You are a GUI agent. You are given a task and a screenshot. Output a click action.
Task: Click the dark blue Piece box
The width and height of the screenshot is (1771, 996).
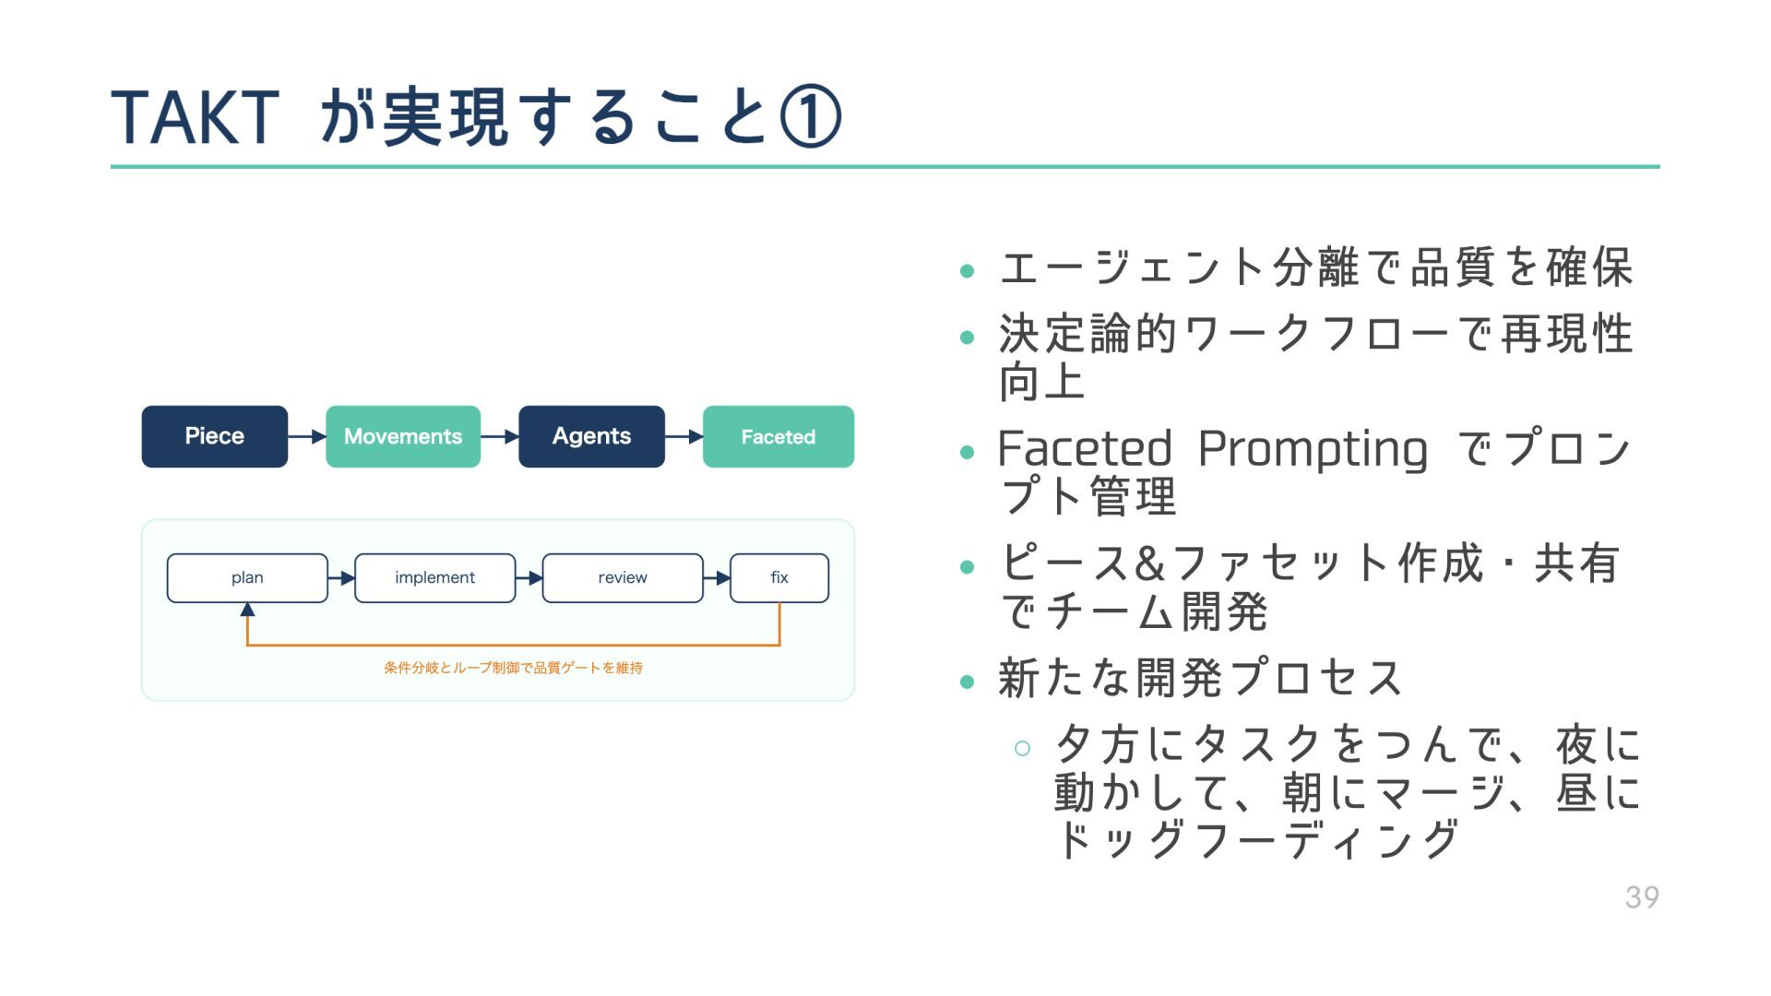pos(214,436)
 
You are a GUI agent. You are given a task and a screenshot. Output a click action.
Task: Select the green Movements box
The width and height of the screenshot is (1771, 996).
pos(402,436)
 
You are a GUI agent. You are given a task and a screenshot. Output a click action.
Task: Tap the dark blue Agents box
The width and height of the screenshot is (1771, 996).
pos(591,436)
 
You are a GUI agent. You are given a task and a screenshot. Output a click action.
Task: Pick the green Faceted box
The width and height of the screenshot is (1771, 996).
pos(778,436)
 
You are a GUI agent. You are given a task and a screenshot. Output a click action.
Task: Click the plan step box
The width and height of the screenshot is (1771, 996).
pos(247,578)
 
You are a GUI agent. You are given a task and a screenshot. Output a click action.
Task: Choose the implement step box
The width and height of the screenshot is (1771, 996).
pos(434,578)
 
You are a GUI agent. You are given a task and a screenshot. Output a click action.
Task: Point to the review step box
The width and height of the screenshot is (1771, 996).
pos(623,578)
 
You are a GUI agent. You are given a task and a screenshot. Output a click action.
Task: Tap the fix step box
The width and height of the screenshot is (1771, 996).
pos(779,578)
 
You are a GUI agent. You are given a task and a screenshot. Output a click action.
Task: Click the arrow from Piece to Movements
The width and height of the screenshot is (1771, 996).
pos(307,436)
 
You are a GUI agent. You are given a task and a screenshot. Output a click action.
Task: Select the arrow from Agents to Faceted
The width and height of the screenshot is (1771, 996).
pos(683,436)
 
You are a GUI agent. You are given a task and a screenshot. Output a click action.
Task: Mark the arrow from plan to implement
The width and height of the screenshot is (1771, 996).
pos(341,578)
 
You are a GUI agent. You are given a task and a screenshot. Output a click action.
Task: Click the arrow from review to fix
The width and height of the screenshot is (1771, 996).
pos(717,578)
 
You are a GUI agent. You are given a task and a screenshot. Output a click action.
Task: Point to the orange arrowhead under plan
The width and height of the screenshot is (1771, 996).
pos(247,610)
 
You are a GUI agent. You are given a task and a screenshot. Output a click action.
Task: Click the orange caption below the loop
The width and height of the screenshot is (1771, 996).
pos(513,668)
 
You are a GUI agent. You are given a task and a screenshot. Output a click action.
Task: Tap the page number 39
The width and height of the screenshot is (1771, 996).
pos(1642,897)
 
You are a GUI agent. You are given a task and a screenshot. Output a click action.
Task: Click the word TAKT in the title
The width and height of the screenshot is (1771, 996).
pos(195,118)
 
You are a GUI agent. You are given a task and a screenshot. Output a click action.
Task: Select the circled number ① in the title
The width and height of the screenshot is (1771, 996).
pos(810,118)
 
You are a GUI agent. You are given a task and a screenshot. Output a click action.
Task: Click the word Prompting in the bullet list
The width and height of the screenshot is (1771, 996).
pos(1312,449)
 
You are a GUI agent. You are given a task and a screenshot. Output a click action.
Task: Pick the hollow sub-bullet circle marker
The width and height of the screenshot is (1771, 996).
pos(1022,748)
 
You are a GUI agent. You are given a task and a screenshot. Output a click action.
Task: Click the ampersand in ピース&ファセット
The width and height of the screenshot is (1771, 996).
pos(1150,563)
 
